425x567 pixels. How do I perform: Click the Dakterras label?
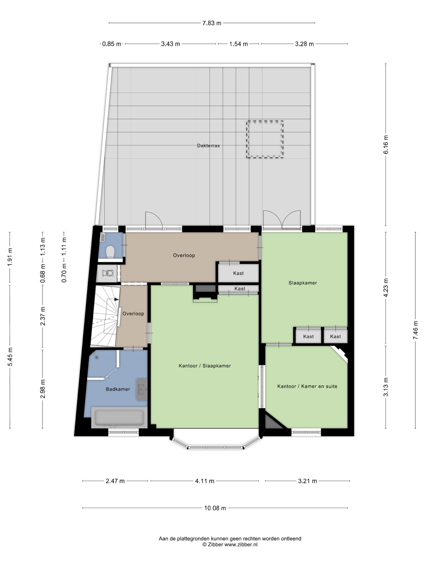pyautogui.click(x=208, y=146)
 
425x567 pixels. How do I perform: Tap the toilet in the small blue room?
pyautogui.click(x=110, y=252)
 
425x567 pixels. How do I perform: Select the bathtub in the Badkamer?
pyautogui.click(x=119, y=417)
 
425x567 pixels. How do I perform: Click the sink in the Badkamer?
pyautogui.click(x=142, y=389)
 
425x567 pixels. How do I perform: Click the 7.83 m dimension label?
pyautogui.click(x=212, y=23)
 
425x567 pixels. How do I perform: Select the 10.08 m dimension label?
pyautogui.click(x=215, y=508)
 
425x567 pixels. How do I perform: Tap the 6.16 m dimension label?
pyautogui.click(x=386, y=145)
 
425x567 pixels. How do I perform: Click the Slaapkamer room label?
pyautogui.click(x=303, y=283)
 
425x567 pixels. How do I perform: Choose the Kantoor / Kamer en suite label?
pyautogui.click(x=307, y=386)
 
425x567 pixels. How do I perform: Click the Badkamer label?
pyautogui.click(x=118, y=389)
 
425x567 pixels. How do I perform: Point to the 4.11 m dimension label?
pyautogui.click(x=205, y=481)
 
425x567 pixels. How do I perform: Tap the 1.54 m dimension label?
pyautogui.click(x=238, y=44)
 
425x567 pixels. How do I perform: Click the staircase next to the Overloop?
pyautogui.click(x=106, y=317)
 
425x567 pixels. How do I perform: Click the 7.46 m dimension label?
pyautogui.click(x=415, y=330)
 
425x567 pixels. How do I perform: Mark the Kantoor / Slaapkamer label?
pyautogui.click(x=205, y=366)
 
